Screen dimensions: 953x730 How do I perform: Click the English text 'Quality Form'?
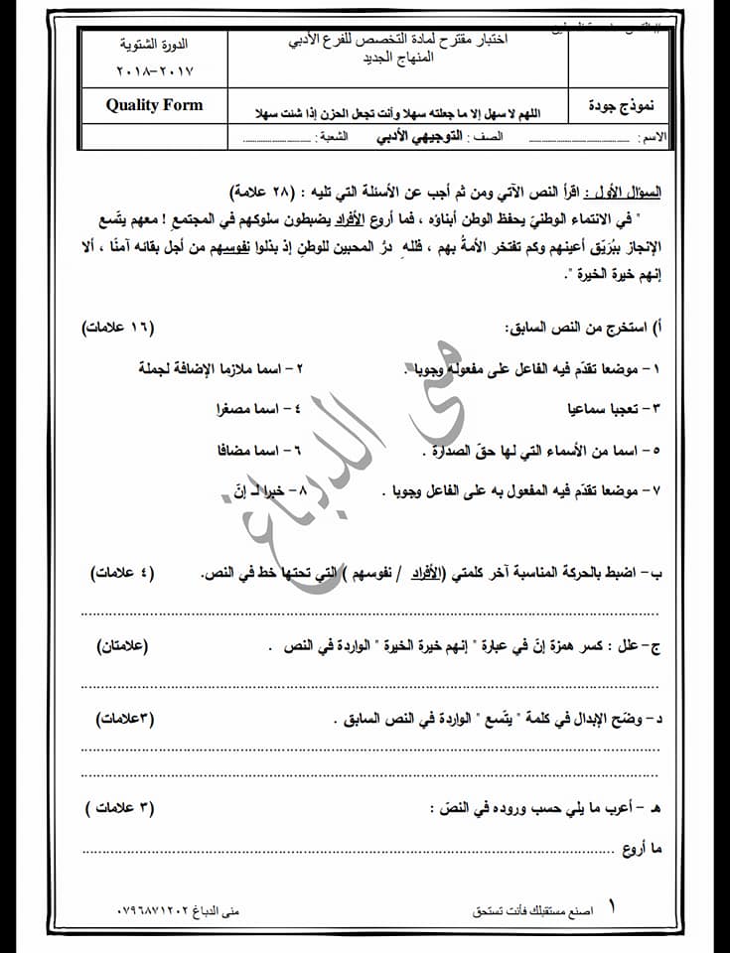154,105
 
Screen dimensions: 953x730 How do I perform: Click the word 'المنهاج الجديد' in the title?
397,59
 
